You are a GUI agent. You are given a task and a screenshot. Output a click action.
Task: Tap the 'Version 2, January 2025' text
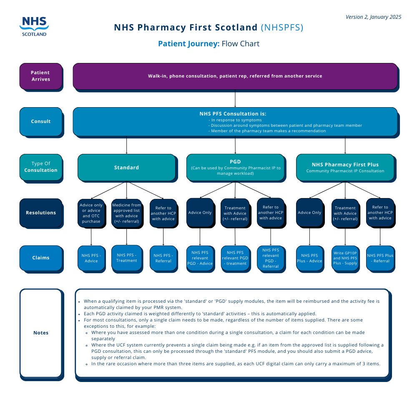click(373, 17)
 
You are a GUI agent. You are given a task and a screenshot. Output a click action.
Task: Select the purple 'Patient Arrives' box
click(41, 76)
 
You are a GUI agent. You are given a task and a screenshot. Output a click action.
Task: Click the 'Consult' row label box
click(41, 121)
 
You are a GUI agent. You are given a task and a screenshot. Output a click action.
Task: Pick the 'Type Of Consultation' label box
click(41, 167)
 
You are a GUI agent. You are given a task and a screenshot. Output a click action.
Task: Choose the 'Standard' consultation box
click(126, 168)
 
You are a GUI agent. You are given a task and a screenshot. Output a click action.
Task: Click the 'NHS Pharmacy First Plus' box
click(345, 167)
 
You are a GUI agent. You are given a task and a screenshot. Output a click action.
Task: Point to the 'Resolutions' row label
click(41, 213)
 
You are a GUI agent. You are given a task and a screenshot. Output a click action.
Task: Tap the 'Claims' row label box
click(41, 258)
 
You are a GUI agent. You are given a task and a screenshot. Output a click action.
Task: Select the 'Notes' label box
click(41, 333)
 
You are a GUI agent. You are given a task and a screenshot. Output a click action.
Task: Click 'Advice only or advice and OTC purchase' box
click(91, 213)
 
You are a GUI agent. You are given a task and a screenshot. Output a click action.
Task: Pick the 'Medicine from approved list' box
click(127, 213)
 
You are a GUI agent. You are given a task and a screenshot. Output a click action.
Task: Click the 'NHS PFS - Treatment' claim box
click(127, 258)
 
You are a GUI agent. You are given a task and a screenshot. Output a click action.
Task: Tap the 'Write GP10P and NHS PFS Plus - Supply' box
click(345, 258)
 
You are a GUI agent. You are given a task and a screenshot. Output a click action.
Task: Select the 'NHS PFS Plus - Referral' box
click(380, 258)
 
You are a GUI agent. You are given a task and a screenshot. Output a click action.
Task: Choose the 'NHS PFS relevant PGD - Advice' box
click(200, 258)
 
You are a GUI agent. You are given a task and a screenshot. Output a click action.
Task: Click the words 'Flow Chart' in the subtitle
click(241, 44)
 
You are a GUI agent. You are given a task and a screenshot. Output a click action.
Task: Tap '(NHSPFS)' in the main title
click(282, 28)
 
